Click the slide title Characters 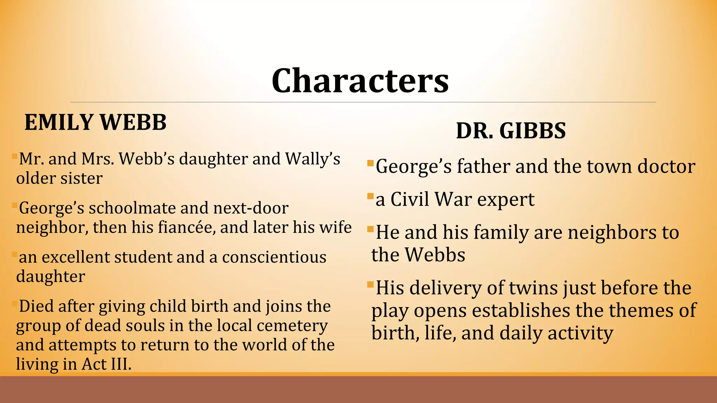[x=360, y=81]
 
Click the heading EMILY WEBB [x=95, y=122]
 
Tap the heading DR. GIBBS [x=511, y=131]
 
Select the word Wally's [x=313, y=159]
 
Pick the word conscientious [x=274, y=257]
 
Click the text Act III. [x=106, y=364]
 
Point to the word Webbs [x=435, y=255]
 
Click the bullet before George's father [x=370, y=163]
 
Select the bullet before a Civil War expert [x=370, y=196]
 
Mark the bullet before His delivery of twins [x=370, y=284]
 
